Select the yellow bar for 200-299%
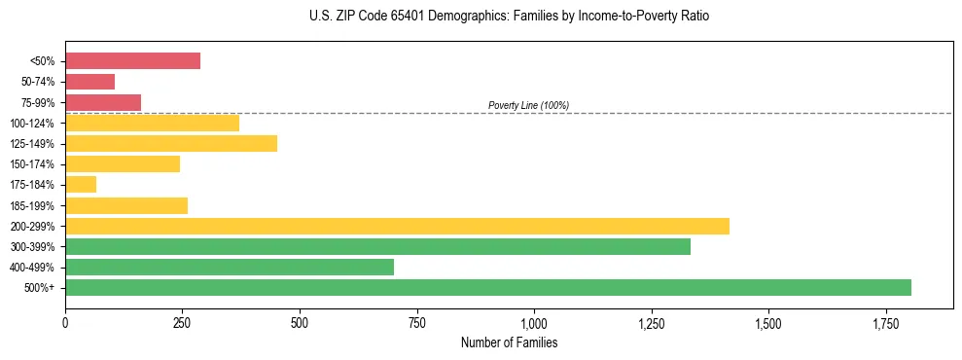pyautogui.click(x=397, y=226)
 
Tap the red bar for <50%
pyautogui.click(x=132, y=61)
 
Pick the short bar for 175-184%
pyautogui.click(x=81, y=184)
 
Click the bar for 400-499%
pyautogui.click(x=230, y=267)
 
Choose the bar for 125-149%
pyautogui.click(x=171, y=144)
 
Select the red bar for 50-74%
pyautogui.click(x=89, y=82)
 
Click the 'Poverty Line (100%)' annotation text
pyautogui.click(x=528, y=105)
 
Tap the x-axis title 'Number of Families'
pyautogui.click(x=509, y=342)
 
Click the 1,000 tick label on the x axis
pyautogui.click(x=534, y=322)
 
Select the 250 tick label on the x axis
pyautogui.click(x=182, y=322)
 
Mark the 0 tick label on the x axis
pyautogui.click(x=65, y=322)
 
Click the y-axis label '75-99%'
pyautogui.click(x=38, y=103)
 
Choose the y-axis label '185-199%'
pyautogui.click(x=33, y=206)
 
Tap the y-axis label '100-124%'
pyautogui.click(x=33, y=124)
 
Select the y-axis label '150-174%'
pyautogui.click(x=33, y=164)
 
